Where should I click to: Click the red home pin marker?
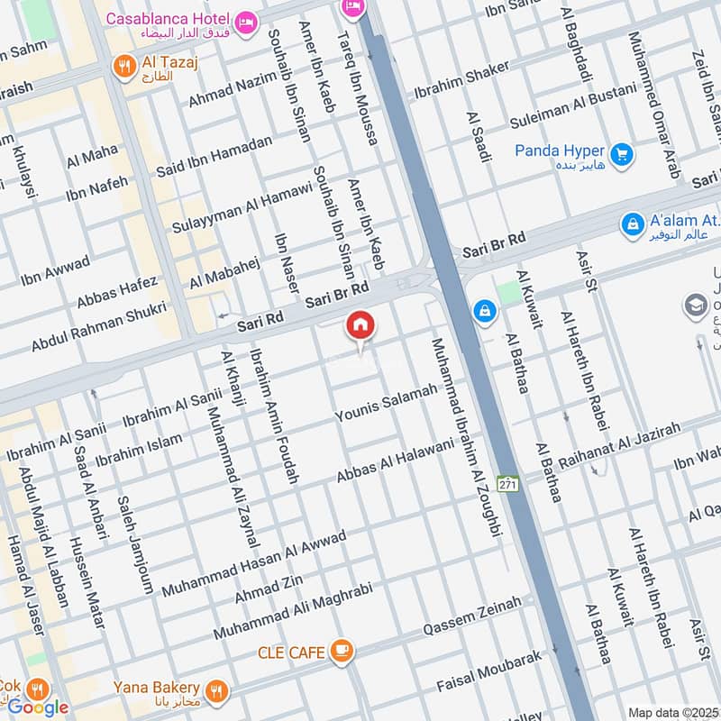(360, 327)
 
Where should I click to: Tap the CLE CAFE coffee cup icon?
(341, 651)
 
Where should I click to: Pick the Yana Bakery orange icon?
(214, 691)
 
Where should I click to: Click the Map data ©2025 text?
(672, 712)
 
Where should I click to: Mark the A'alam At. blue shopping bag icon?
(634, 222)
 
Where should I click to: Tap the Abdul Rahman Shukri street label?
(99, 326)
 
